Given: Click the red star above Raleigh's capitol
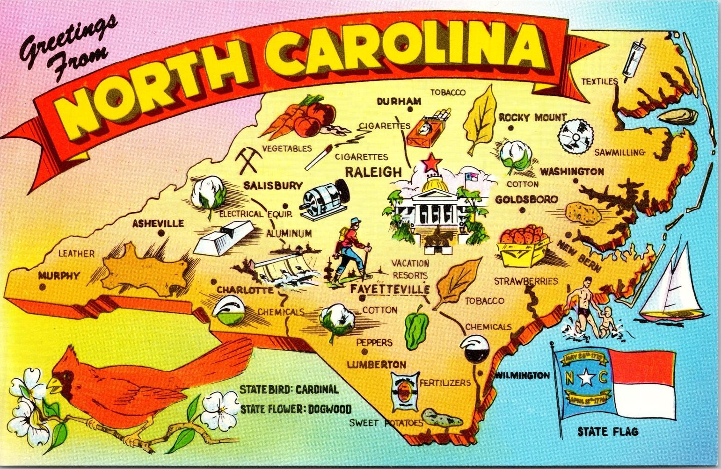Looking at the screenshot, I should pos(431,163).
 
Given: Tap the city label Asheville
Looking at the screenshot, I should pos(158,224).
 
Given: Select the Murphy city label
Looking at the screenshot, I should pos(59,275).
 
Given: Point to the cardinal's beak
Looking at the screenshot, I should pos(52,385).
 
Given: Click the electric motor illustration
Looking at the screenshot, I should pos(326,199).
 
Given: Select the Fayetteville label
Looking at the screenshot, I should pos(389,289).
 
